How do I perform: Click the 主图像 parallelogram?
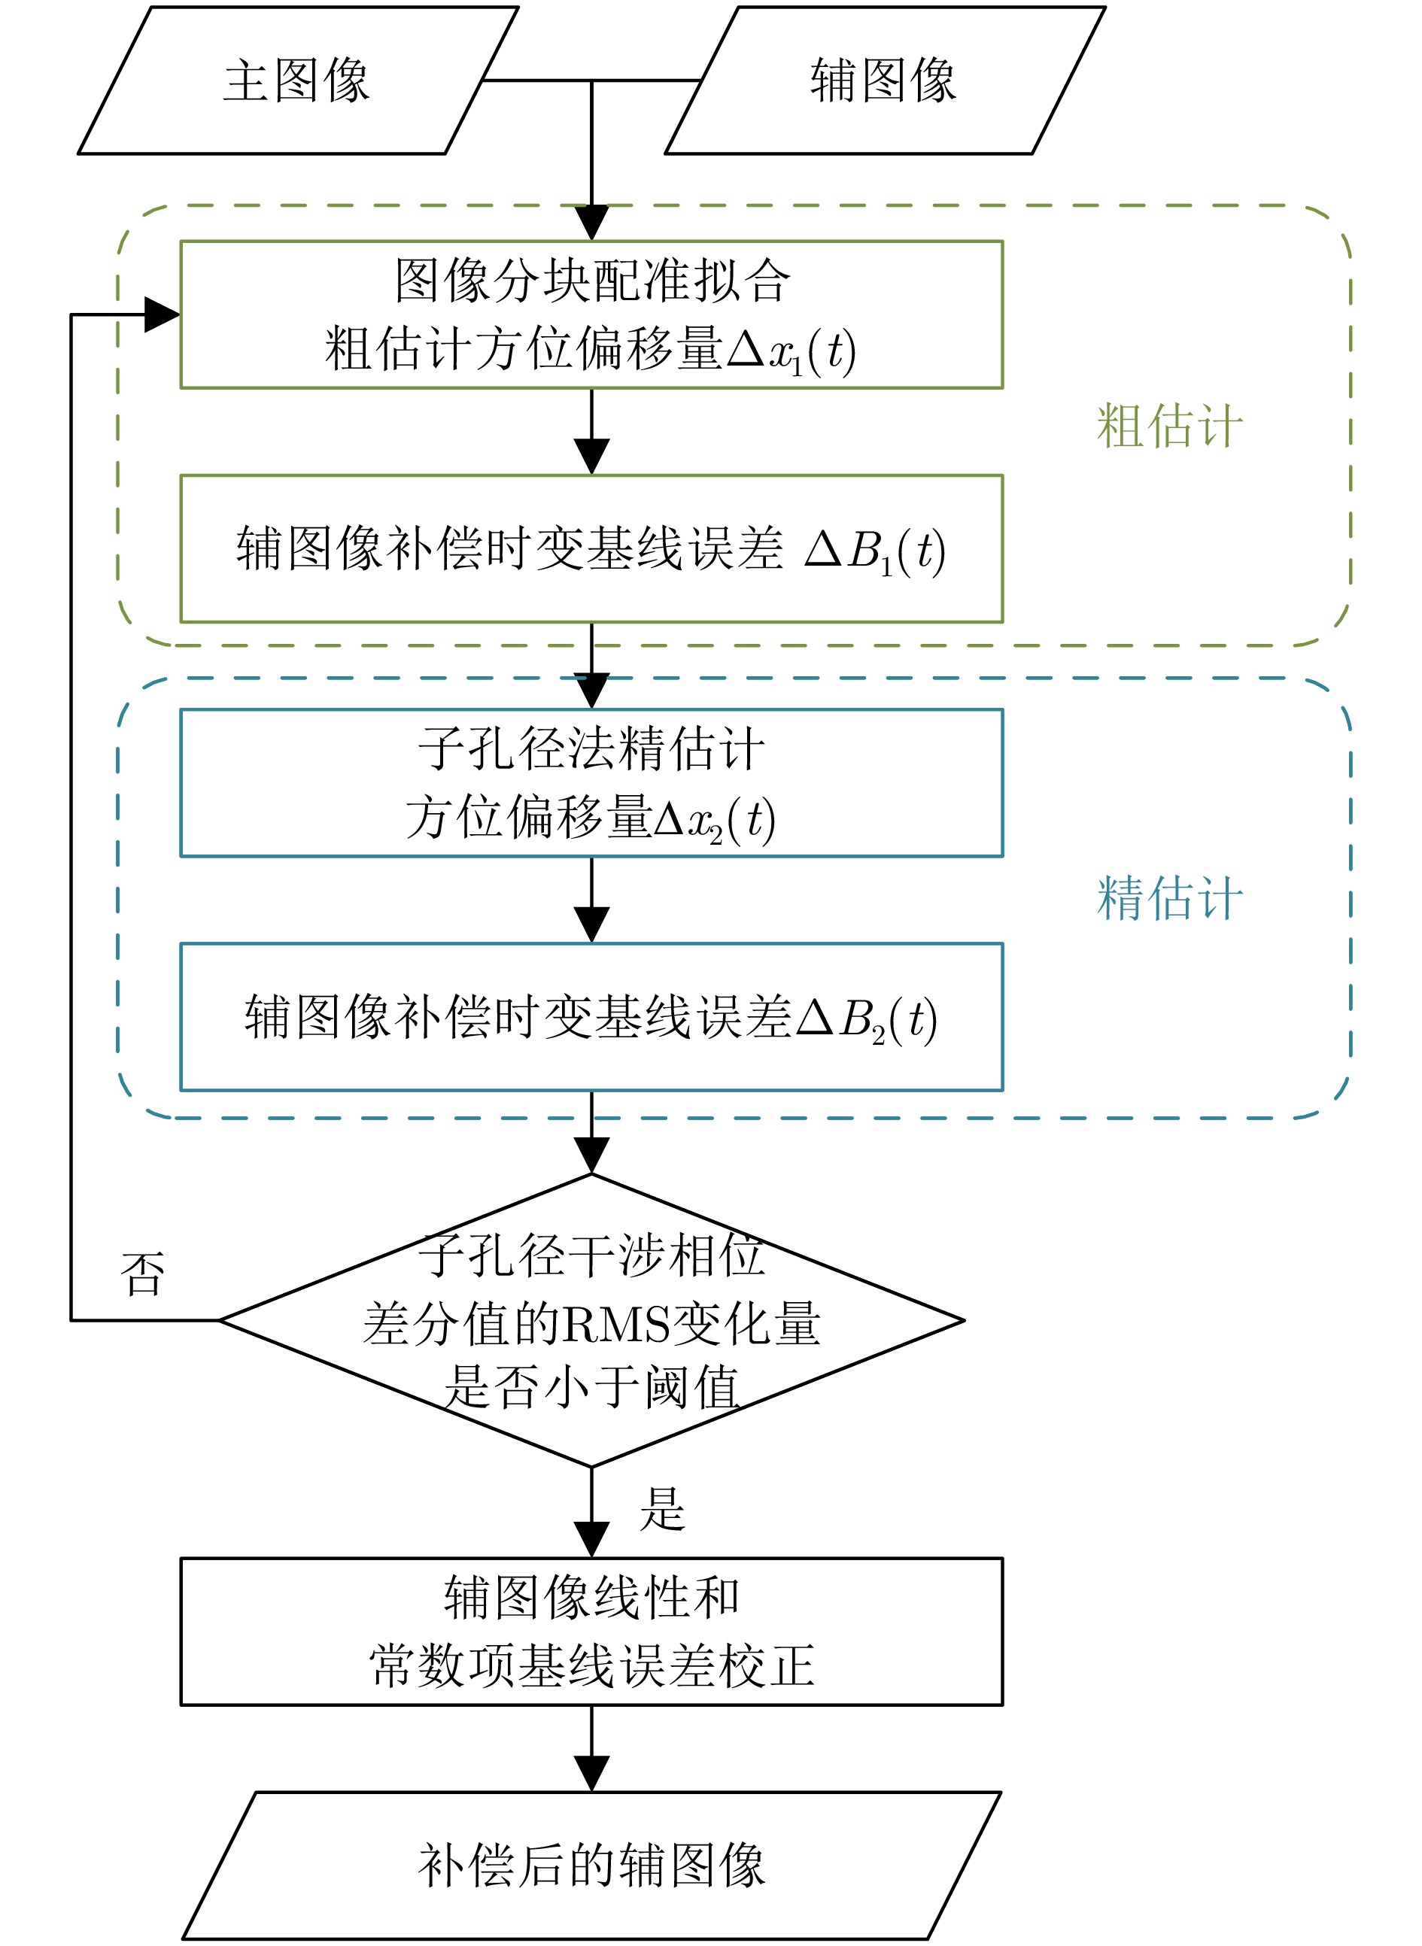298,81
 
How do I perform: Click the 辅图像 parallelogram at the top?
885,81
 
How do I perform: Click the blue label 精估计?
1170,899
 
